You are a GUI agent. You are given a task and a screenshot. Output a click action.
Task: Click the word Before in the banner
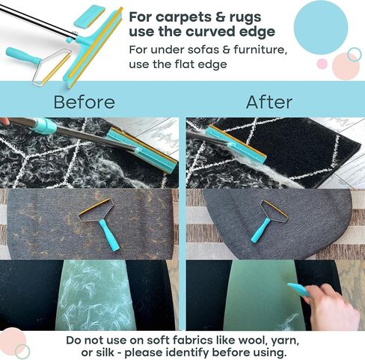click(x=85, y=102)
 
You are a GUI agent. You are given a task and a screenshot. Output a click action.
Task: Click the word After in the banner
click(x=269, y=102)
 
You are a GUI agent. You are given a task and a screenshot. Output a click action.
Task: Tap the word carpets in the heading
click(x=180, y=18)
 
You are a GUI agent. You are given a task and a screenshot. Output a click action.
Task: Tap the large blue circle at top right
click(x=321, y=28)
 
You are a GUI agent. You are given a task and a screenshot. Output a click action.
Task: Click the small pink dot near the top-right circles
click(x=322, y=64)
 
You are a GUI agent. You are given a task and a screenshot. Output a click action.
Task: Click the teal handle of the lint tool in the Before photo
click(x=108, y=235)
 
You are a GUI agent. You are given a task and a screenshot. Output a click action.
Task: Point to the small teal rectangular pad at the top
click(x=88, y=16)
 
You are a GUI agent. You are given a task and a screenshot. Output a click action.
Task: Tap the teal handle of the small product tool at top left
click(x=22, y=56)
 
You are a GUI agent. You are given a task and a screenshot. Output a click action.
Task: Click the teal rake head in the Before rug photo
click(x=142, y=150)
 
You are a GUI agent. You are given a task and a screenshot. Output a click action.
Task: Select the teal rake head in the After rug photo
click(x=236, y=144)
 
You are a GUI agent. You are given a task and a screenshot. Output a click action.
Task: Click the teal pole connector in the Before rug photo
click(x=45, y=126)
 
